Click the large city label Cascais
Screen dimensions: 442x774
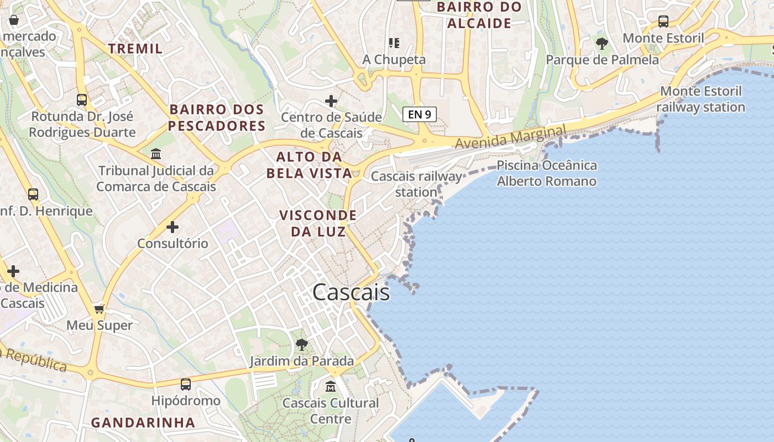(351, 292)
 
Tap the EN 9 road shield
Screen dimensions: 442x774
(420, 114)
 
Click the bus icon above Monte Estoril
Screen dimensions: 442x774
(663, 22)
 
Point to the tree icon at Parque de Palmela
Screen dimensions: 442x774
(602, 43)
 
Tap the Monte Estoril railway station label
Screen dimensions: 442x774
(700, 99)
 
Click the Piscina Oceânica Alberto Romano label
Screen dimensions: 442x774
(546, 173)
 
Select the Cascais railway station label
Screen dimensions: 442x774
(416, 184)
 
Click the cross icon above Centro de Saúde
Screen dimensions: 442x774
(331, 101)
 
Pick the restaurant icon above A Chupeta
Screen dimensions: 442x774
(394, 43)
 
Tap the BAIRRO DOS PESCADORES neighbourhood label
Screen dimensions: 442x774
(217, 118)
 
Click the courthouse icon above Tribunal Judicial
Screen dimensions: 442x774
(156, 154)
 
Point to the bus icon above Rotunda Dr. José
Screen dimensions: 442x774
(82, 100)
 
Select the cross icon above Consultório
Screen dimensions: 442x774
(172, 227)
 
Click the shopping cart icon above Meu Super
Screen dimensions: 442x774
(100, 309)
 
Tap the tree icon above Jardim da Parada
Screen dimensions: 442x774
(301, 345)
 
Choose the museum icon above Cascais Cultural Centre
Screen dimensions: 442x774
(331, 386)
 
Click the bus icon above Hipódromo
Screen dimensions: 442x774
(186, 384)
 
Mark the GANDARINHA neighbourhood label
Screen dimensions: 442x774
(143, 423)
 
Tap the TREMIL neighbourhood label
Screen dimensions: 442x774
(135, 49)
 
